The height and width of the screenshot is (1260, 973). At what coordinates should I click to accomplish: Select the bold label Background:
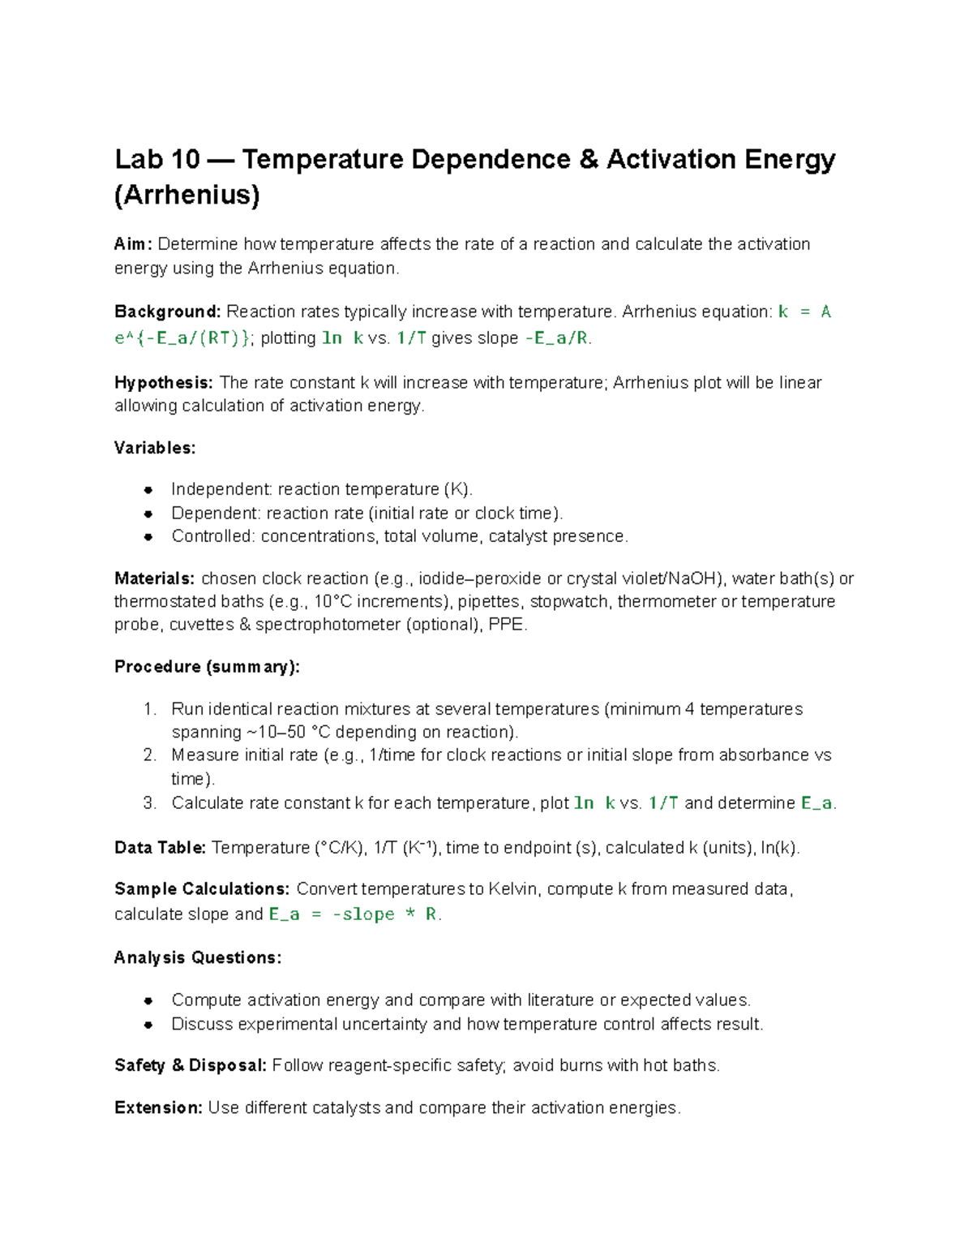(x=167, y=312)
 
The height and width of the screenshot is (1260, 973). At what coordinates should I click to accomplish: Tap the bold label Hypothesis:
(x=164, y=383)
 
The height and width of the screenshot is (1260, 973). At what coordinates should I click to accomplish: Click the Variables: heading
(x=155, y=448)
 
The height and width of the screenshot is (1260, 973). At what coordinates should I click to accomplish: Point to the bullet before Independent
(x=148, y=490)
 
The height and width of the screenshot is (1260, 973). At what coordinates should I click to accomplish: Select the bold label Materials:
(x=154, y=578)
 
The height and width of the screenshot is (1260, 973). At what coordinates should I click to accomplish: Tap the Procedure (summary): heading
(x=207, y=667)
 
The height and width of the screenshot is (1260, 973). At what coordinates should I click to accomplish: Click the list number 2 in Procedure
(x=149, y=755)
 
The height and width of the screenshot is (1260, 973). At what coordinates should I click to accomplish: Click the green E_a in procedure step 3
(x=817, y=803)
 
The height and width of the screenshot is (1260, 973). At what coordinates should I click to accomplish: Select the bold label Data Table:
(x=160, y=848)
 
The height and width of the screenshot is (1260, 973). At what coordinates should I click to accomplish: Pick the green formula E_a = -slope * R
(x=354, y=914)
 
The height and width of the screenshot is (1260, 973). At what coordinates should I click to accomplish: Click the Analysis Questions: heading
(x=198, y=958)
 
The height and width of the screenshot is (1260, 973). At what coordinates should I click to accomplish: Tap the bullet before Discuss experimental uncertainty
(x=148, y=1025)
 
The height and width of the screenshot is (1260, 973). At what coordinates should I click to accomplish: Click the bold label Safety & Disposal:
(x=191, y=1065)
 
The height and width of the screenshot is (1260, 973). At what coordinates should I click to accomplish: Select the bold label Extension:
(x=158, y=1108)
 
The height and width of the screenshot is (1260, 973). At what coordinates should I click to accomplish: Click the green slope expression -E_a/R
(x=557, y=338)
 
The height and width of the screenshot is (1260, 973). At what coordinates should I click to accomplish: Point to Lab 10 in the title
(x=157, y=160)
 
